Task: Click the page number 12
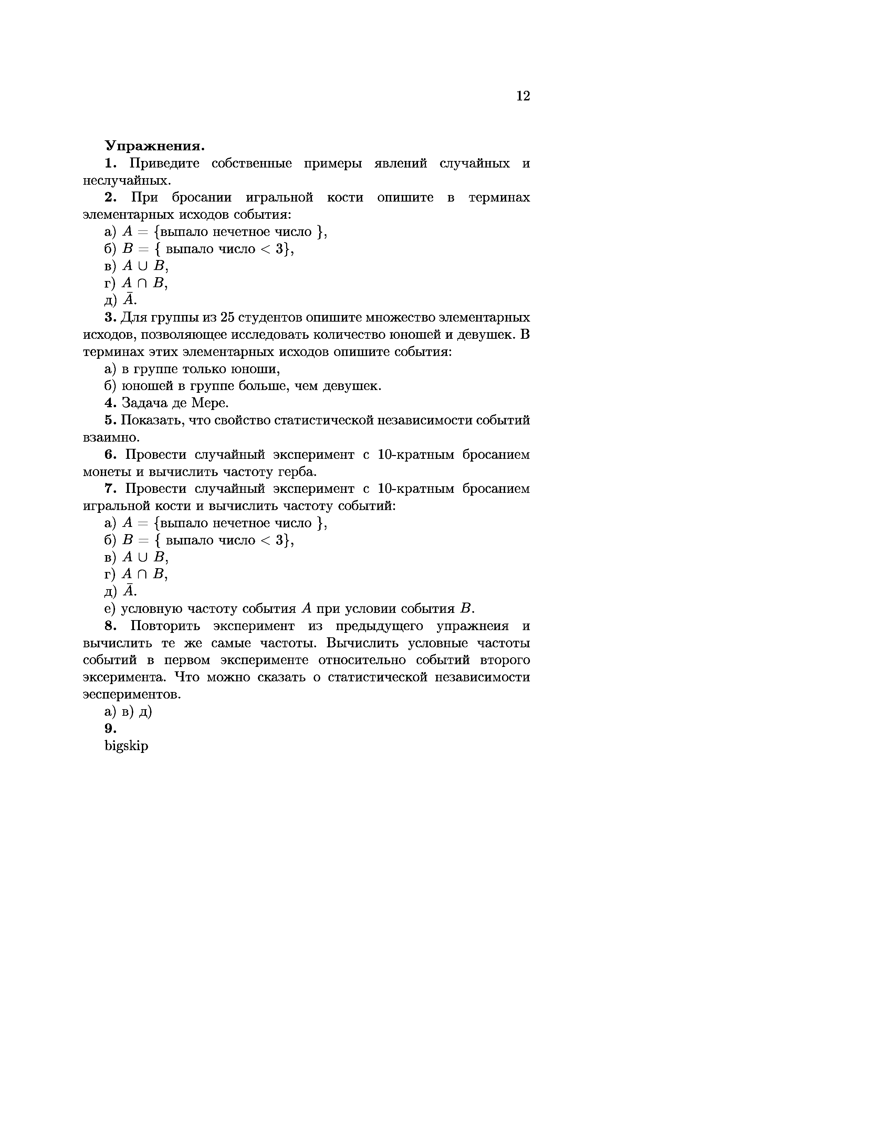click(523, 96)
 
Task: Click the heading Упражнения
click(155, 145)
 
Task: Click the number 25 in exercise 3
click(228, 317)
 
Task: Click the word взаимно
click(110, 437)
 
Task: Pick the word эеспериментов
click(132, 695)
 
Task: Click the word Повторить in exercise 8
click(162, 626)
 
